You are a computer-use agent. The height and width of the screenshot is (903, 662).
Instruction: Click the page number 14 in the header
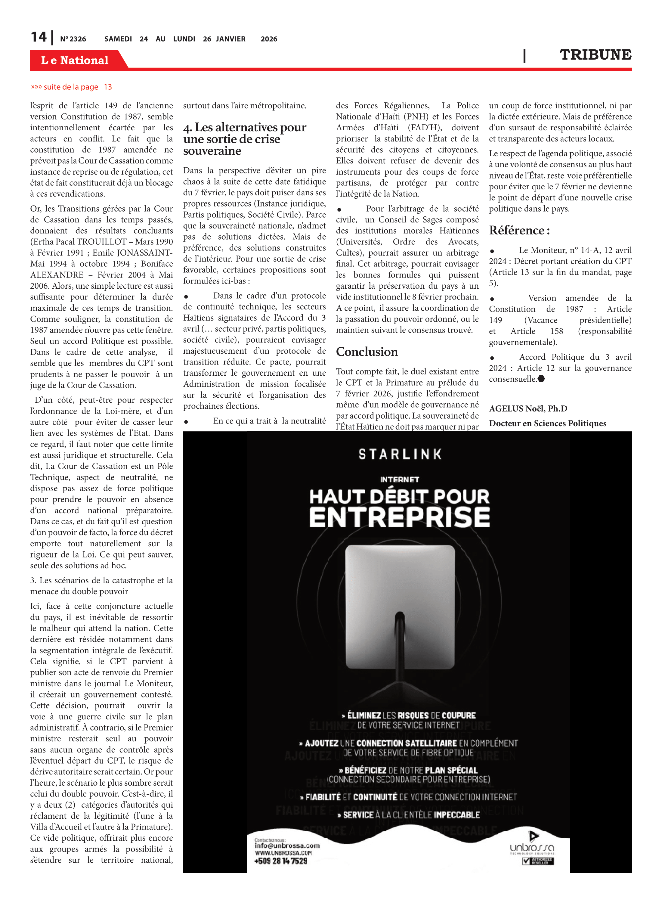point(39,37)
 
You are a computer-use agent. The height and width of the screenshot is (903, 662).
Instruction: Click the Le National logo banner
point(75,60)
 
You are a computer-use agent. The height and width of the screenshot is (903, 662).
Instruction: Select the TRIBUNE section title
point(595,54)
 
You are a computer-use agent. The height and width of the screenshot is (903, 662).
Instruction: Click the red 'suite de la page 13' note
point(71,87)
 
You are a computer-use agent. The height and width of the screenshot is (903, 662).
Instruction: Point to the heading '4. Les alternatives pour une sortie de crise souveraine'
point(244,139)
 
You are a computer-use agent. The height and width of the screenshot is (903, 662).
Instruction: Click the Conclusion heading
point(367,352)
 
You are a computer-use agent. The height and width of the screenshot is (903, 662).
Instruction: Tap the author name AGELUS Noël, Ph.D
point(528,408)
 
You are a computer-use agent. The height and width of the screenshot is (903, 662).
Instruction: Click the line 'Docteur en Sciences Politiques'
point(547,423)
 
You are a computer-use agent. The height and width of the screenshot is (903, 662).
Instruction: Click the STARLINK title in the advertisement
point(400,454)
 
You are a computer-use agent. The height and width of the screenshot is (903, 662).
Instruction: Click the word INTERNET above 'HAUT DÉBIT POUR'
point(400,479)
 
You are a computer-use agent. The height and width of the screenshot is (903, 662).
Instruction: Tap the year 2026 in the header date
point(268,39)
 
